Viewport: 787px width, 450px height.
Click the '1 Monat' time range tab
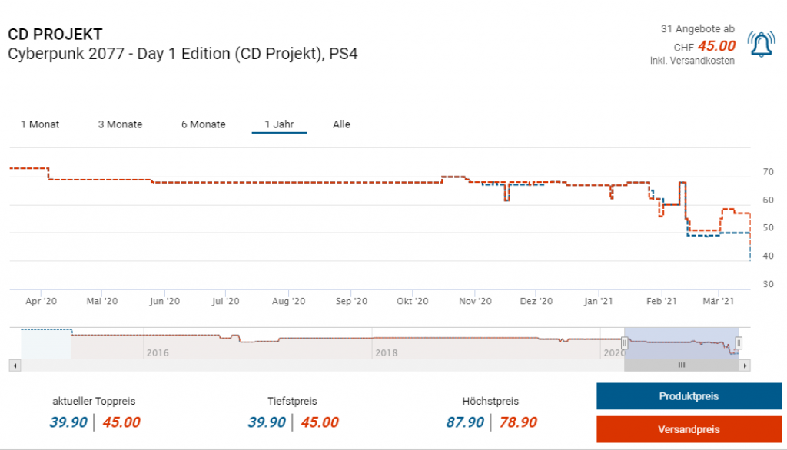[40, 124]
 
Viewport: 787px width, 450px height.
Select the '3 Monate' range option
[120, 124]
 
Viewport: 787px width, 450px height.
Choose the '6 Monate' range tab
[203, 124]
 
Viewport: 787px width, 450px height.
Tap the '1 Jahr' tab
[279, 124]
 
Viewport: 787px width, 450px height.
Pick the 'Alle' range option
[341, 124]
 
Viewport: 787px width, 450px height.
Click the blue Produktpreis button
[689, 396]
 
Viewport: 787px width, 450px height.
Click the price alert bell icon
[761, 45]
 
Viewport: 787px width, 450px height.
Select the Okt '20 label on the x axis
[412, 302]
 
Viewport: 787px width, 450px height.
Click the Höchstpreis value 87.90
[465, 422]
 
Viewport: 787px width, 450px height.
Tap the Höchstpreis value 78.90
[518, 422]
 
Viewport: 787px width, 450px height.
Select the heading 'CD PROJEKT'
[55, 35]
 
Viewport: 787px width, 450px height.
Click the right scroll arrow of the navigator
[744, 366]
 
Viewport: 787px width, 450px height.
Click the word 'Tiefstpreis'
[292, 401]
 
